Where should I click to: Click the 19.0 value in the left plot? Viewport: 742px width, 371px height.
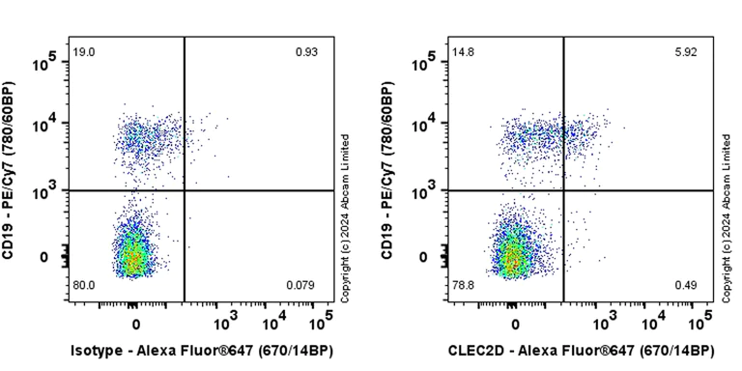coord(83,51)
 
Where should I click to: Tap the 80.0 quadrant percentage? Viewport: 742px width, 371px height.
coord(84,286)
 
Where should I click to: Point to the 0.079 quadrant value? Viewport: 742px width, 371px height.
coord(301,286)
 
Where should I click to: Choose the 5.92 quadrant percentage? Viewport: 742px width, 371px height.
coord(686,51)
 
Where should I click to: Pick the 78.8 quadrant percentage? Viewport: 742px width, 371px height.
coord(464,286)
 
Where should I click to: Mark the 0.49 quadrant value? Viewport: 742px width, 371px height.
coord(687,286)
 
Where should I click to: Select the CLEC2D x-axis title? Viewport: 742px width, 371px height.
coord(581,350)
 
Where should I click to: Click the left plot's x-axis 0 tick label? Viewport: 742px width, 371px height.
coord(135,323)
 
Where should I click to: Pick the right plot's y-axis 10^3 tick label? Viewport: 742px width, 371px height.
coord(425,192)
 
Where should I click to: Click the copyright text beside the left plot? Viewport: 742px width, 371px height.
coord(345,218)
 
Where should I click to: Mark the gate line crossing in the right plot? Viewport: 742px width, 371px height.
coord(563,190)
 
